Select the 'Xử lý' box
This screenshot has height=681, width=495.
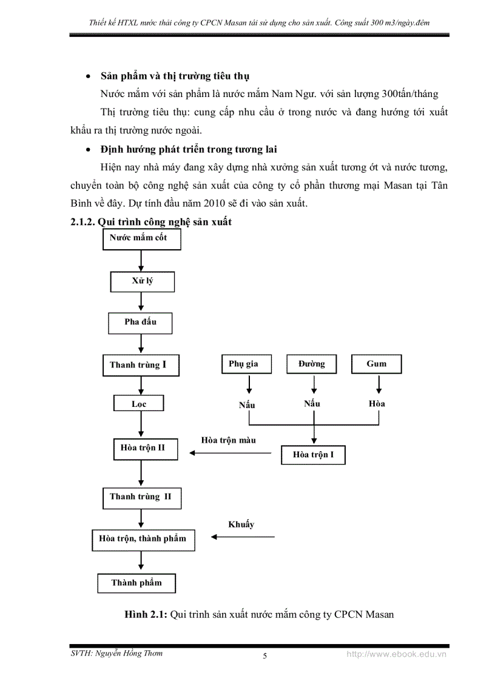(x=142, y=281)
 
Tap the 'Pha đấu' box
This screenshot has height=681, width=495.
(x=140, y=322)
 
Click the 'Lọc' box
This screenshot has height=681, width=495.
(x=139, y=404)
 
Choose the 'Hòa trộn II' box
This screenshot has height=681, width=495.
(x=141, y=449)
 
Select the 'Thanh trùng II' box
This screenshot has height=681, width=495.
(x=141, y=497)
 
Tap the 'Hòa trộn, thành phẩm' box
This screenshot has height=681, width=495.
(x=143, y=538)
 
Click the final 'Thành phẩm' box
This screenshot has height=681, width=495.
(x=137, y=583)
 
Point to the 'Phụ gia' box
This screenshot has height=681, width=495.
(x=244, y=364)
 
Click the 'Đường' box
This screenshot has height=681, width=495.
(x=312, y=364)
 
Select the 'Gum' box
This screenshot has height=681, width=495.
(x=377, y=364)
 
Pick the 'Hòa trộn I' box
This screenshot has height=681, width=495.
(x=313, y=454)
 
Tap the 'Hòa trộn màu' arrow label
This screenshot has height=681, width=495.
(x=228, y=440)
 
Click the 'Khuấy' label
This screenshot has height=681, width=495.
(x=241, y=525)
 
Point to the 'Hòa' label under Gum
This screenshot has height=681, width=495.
(x=377, y=403)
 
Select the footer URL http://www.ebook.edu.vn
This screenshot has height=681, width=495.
(x=396, y=655)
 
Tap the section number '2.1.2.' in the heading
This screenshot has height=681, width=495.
(x=82, y=222)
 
